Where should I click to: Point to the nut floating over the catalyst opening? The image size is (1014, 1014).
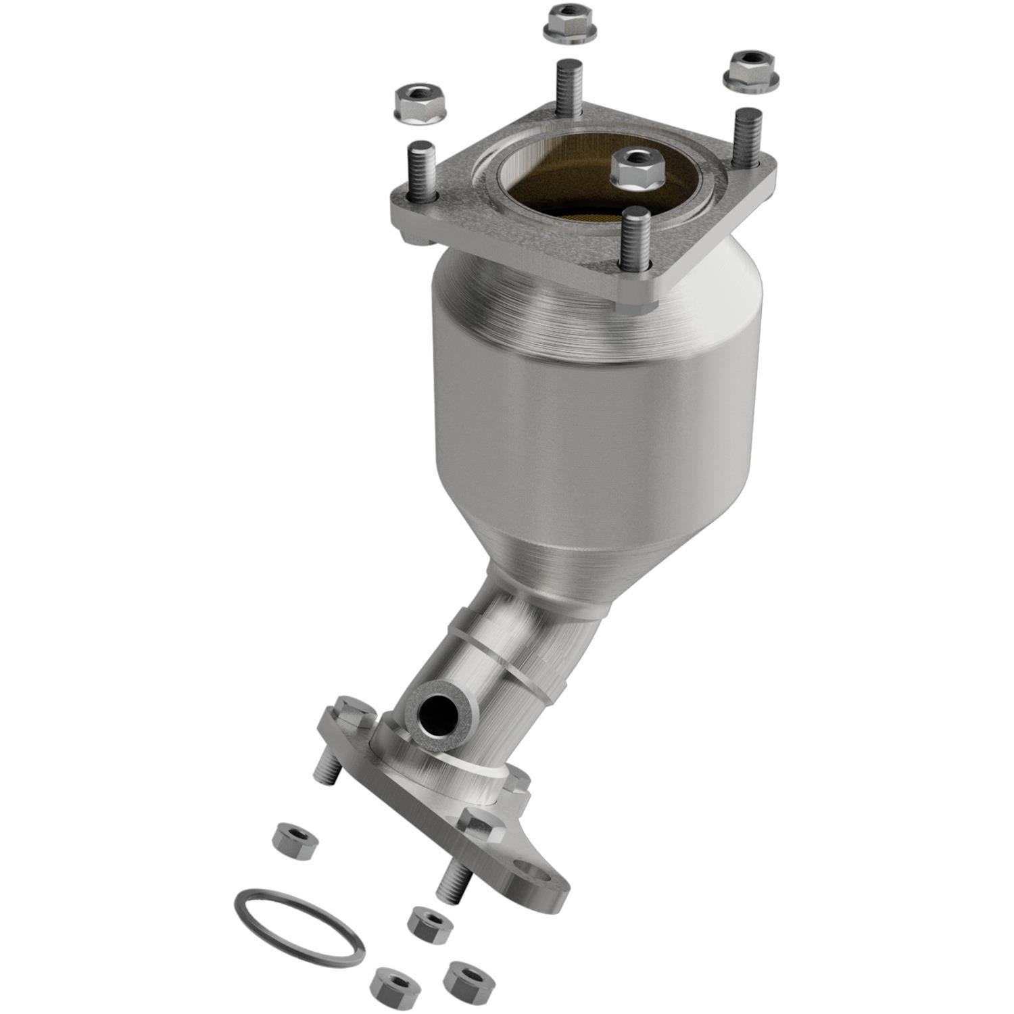[636, 168]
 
